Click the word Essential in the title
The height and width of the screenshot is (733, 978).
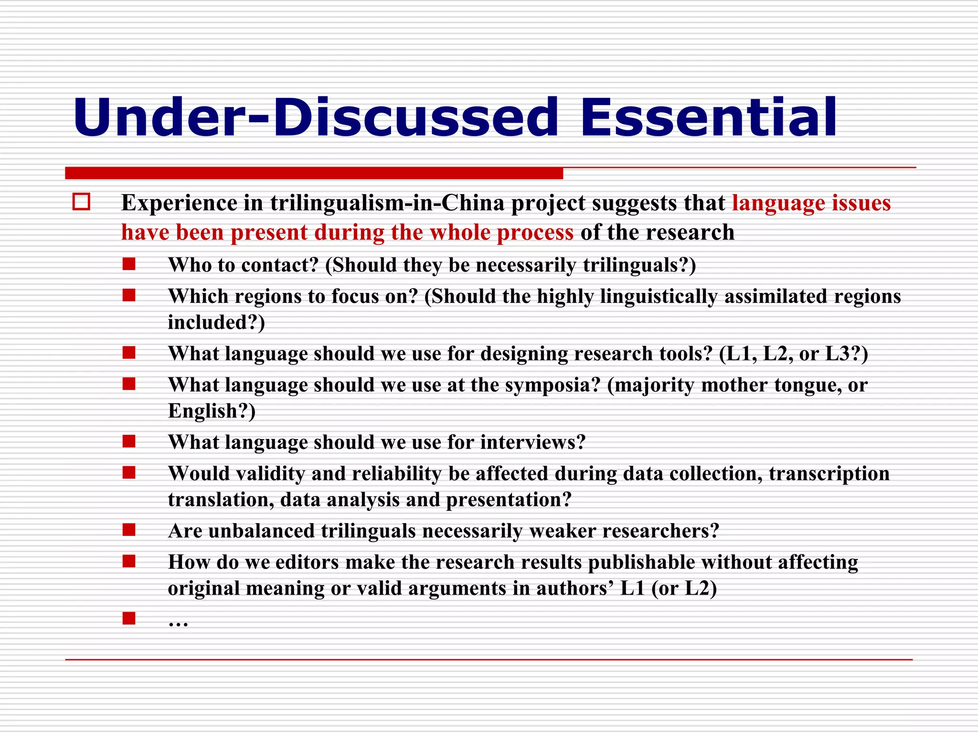pos(708,117)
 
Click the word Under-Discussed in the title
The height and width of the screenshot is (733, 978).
pos(315,117)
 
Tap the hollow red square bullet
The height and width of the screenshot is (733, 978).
pos(81,202)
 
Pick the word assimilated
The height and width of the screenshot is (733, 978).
pos(776,296)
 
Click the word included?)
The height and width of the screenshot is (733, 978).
pos(216,323)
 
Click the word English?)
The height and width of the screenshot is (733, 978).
pos(212,411)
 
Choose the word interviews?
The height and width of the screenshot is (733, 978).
pos(532,442)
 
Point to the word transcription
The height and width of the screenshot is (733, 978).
pos(829,474)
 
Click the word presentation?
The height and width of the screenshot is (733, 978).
pos(509,500)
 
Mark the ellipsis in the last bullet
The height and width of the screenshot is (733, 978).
pos(178,622)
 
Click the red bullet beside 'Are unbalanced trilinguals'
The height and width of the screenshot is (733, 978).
pos(129,530)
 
